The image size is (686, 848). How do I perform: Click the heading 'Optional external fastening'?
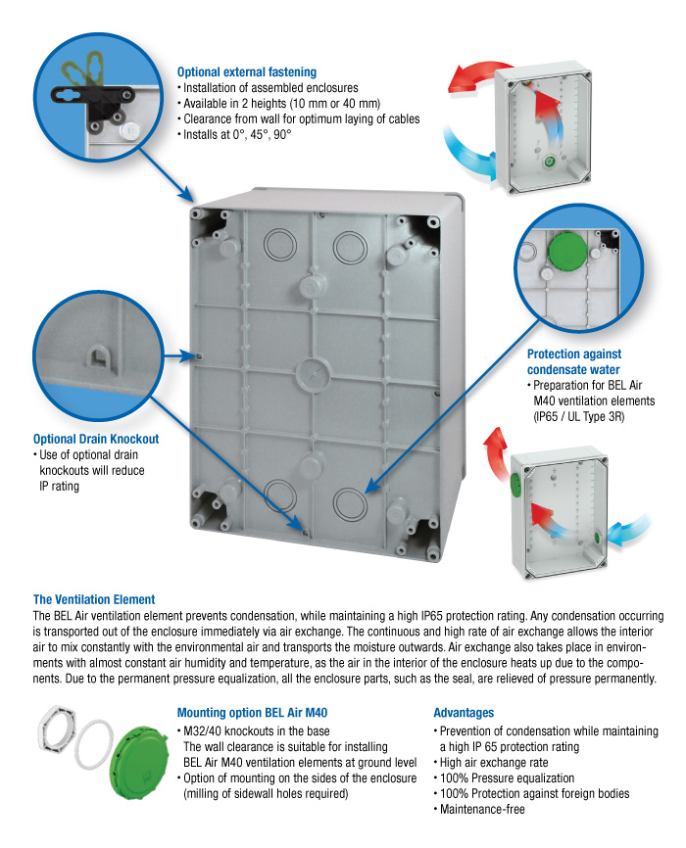(246, 71)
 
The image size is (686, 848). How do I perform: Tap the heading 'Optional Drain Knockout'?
(96, 439)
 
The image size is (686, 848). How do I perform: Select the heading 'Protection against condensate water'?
(574, 361)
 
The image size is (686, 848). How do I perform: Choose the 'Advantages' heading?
(464, 713)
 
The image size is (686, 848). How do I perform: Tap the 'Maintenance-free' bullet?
(483, 810)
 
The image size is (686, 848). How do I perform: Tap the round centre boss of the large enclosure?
(313, 371)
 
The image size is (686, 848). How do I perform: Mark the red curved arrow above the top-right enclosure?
(480, 83)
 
